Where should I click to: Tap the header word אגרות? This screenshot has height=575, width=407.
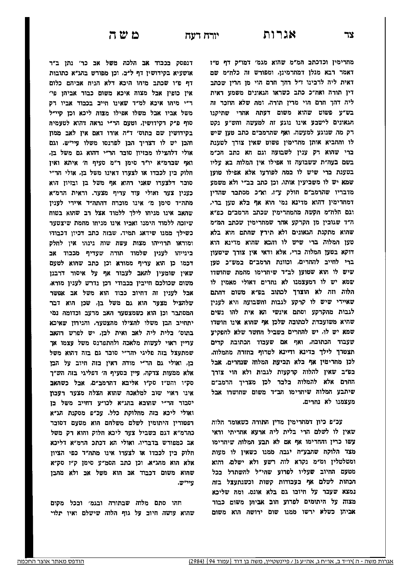[280, 34]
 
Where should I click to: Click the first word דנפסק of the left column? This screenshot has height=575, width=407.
[187, 62]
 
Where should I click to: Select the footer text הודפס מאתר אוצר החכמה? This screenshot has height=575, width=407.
[51, 561]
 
